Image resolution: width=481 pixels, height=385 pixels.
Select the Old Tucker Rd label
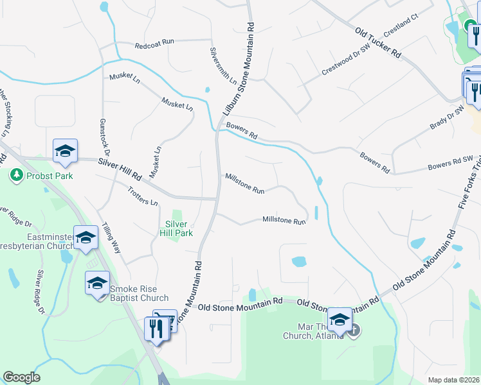click(377, 42)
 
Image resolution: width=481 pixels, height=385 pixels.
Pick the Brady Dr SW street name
click(447, 119)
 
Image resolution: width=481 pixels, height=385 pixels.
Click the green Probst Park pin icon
click(16, 175)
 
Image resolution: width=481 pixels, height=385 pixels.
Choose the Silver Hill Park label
click(176, 228)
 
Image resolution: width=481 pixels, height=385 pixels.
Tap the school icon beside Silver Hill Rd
click(65, 151)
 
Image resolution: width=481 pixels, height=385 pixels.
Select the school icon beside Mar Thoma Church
click(340, 320)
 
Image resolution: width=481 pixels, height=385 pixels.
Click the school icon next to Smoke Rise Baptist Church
click(97, 283)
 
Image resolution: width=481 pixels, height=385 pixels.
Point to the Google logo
click(21, 377)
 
